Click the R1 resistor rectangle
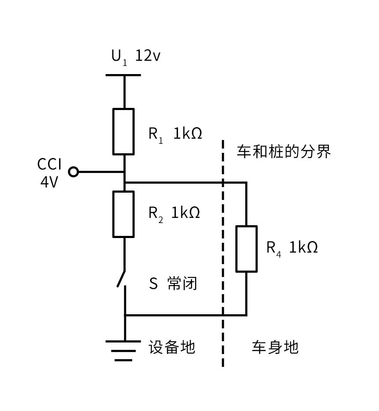pos(123,131)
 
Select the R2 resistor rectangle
pos(123,214)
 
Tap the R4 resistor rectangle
pos(247,249)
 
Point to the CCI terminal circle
pos(74,172)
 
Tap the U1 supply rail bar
pos(123,75)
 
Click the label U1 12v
pos(136,57)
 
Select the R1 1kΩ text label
pos(175,134)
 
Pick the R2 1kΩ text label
pos(174,213)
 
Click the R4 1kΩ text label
pos(292,247)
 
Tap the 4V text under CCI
pos(49,182)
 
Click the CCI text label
pos(49,164)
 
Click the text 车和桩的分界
pos(284,152)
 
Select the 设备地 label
pos(171,347)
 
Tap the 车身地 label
pos(275,347)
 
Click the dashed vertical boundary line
pos(223,257)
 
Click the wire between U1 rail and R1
pos(124,92)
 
